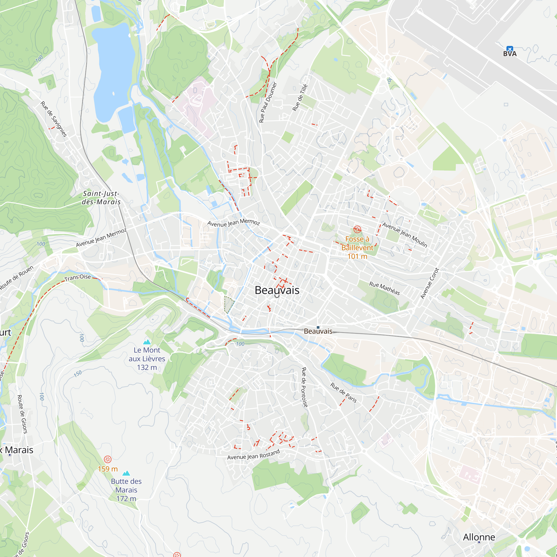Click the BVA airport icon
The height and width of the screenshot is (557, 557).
click(509, 49)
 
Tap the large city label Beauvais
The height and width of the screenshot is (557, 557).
click(277, 290)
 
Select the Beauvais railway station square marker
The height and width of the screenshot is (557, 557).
click(318, 327)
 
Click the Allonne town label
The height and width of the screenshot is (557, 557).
click(479, 537)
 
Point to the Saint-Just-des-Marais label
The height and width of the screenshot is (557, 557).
click(101, 198)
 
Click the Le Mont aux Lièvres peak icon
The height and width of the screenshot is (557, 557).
click(147, 342)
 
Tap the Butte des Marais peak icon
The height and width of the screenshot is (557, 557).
click(126, 473)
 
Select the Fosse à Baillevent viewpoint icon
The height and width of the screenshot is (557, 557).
click(357, 229)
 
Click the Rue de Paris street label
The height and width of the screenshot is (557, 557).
click(343, 393)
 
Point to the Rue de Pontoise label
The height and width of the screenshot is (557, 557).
click(304, 387)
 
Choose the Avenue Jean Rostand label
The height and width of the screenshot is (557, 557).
click(253, 455)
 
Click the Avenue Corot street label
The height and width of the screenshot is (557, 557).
click(429, 284)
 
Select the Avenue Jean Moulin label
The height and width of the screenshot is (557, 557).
click(404, 235)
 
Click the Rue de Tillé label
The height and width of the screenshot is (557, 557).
click(300, 98)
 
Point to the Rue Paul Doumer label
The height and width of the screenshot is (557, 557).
click(268, 102)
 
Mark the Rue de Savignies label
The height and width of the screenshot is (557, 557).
click(54, 119)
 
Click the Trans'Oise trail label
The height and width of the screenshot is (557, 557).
click(77, 277)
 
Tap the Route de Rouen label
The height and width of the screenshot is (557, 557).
click(17, 277)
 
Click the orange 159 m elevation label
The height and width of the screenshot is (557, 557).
click(108, 469)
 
